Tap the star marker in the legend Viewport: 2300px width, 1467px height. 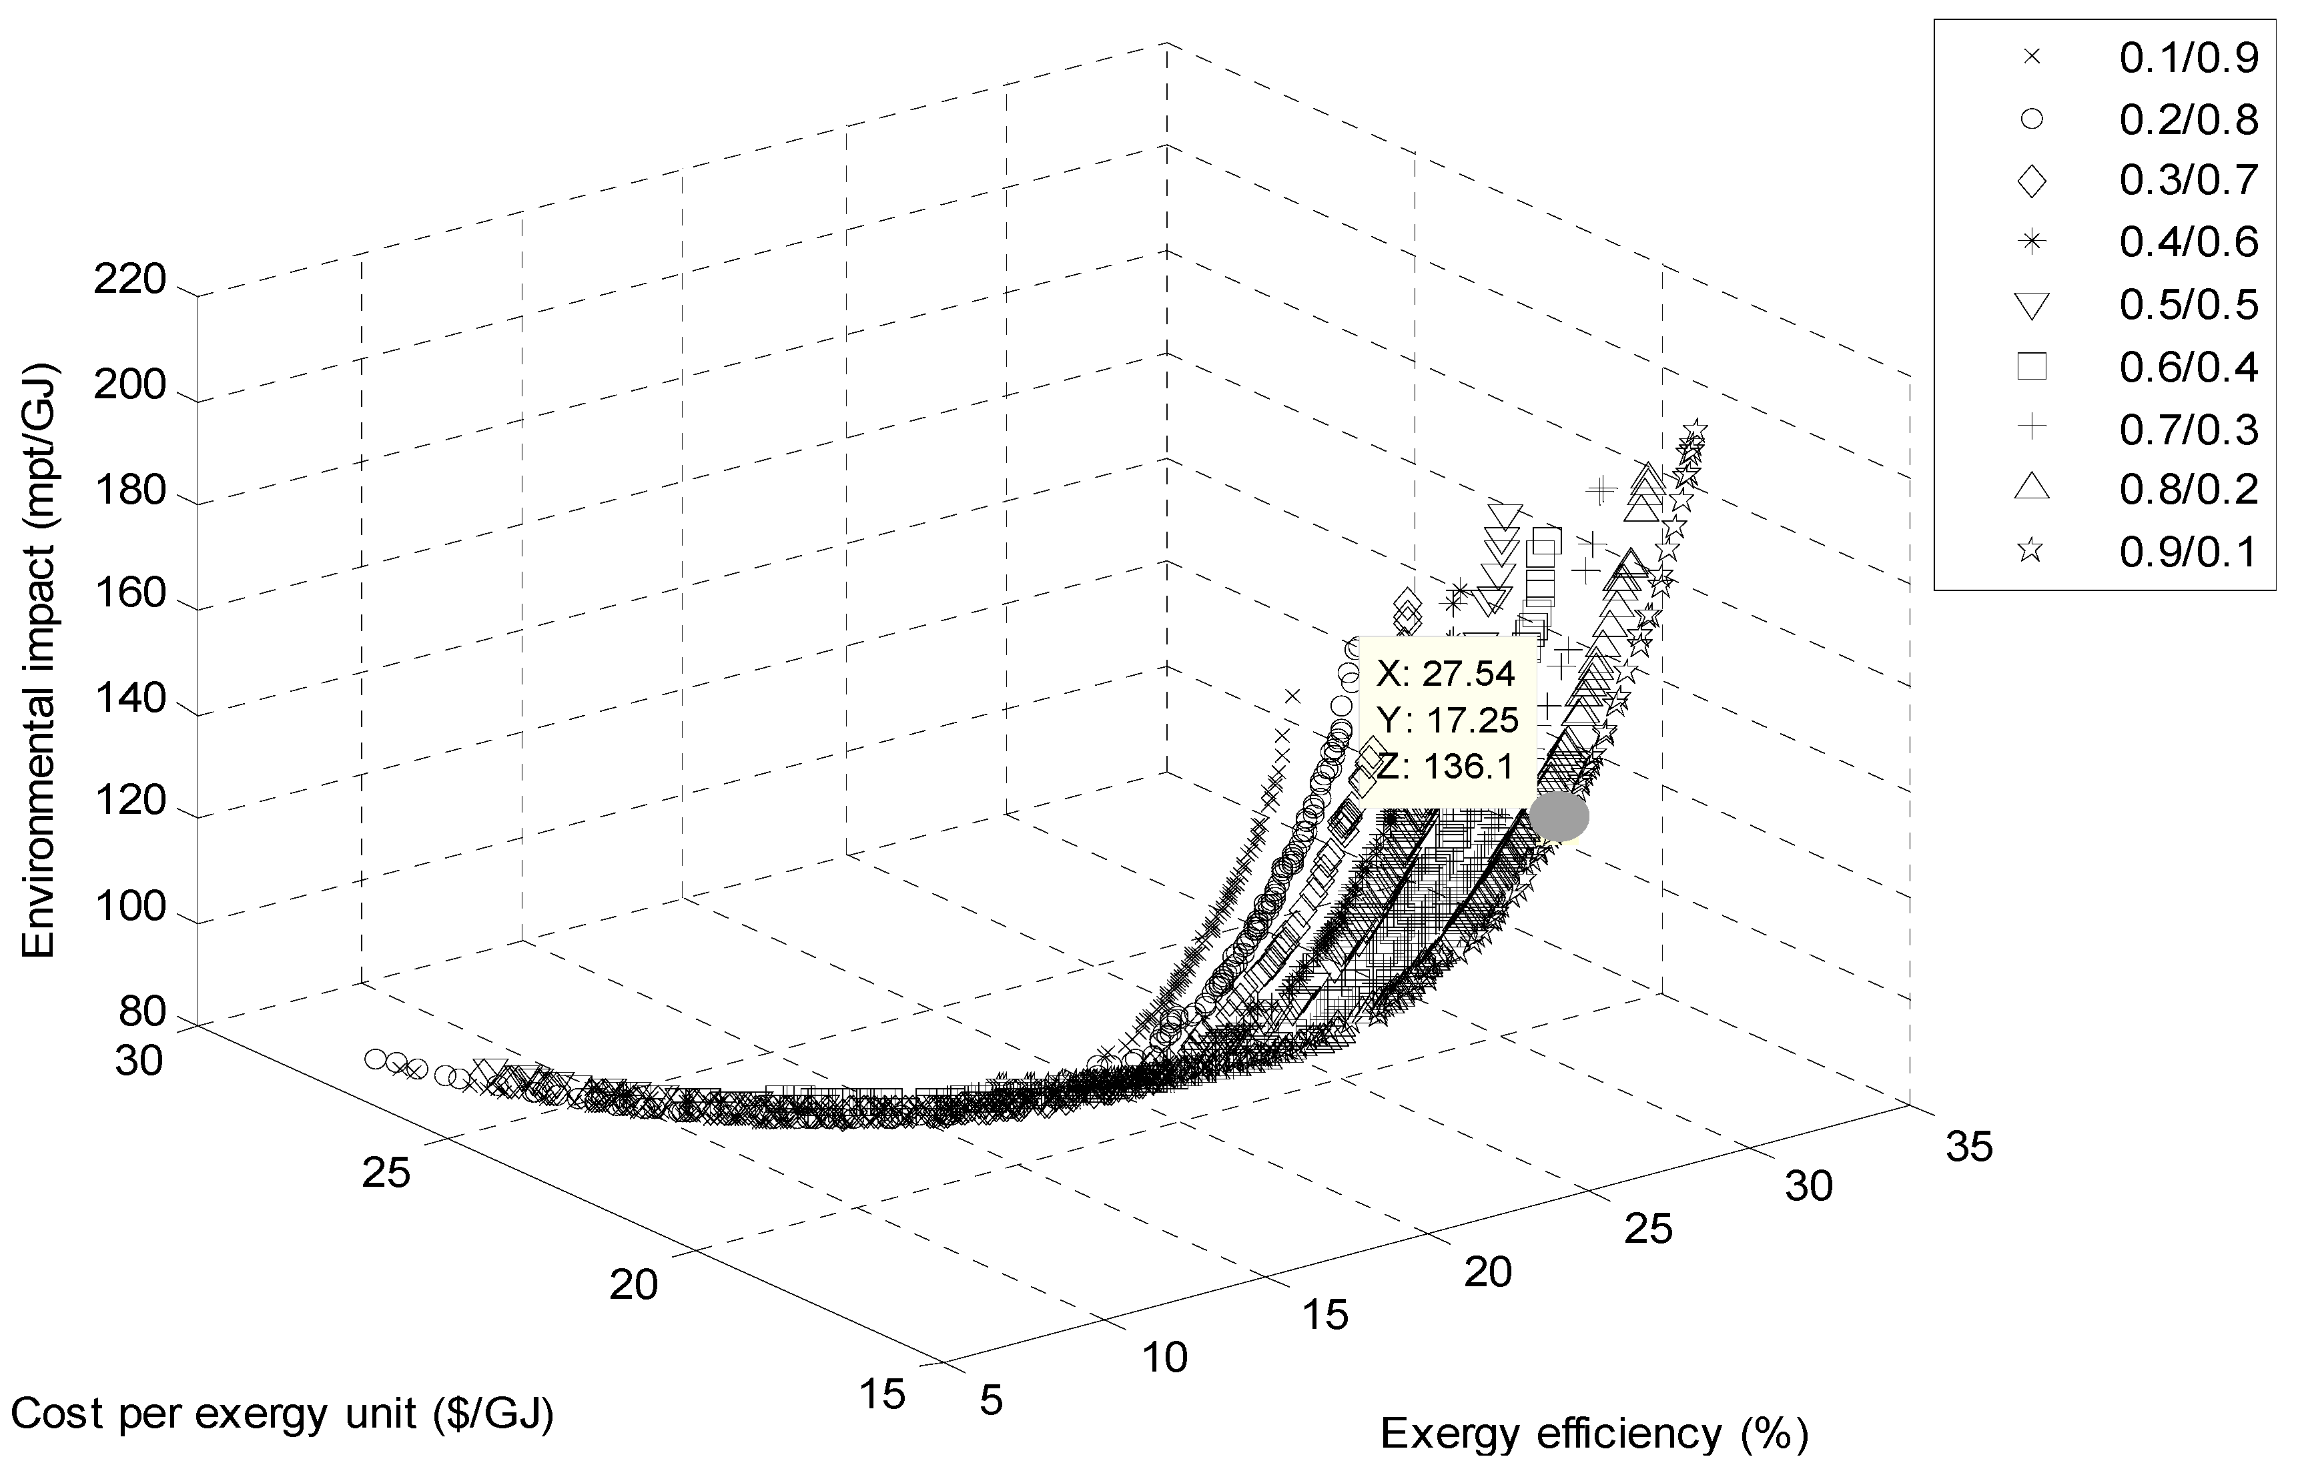pyautogui.click(x=2030, y=551)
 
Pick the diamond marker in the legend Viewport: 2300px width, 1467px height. pyautogui.click(x=2030, y=181)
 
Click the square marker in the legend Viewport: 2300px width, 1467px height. pyautogui.click(x=2030, y=366)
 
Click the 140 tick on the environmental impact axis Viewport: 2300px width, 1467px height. pyautogui.click(x=130, y=700)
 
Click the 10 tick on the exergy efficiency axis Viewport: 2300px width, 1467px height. pyautogui.click(x=1164, y=1357)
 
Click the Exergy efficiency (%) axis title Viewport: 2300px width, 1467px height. pyautogui.click(x=1594, y=1434)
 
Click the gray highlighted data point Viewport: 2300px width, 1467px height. pyautogui.click(x=1559, y=817)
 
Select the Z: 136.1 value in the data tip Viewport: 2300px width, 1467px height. pyautogui.click(x=1445, y=765)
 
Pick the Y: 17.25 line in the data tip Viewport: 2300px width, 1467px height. pyautogui.click(x=1445, y=719)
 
